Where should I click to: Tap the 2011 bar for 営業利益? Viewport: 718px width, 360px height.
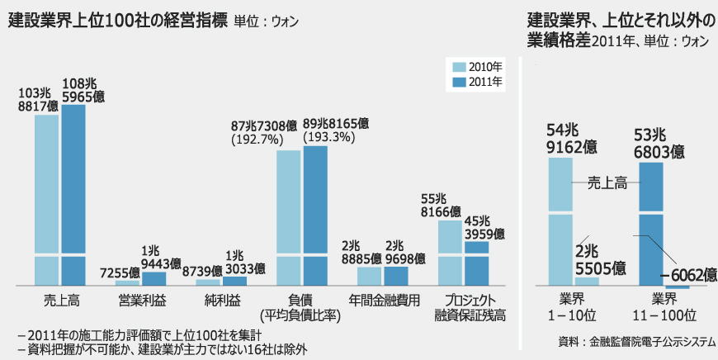click(154, 278)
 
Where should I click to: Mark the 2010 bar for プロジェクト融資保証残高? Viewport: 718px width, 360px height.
click(449, 253)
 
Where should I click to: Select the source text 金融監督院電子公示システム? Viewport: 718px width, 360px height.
click(651, 340)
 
